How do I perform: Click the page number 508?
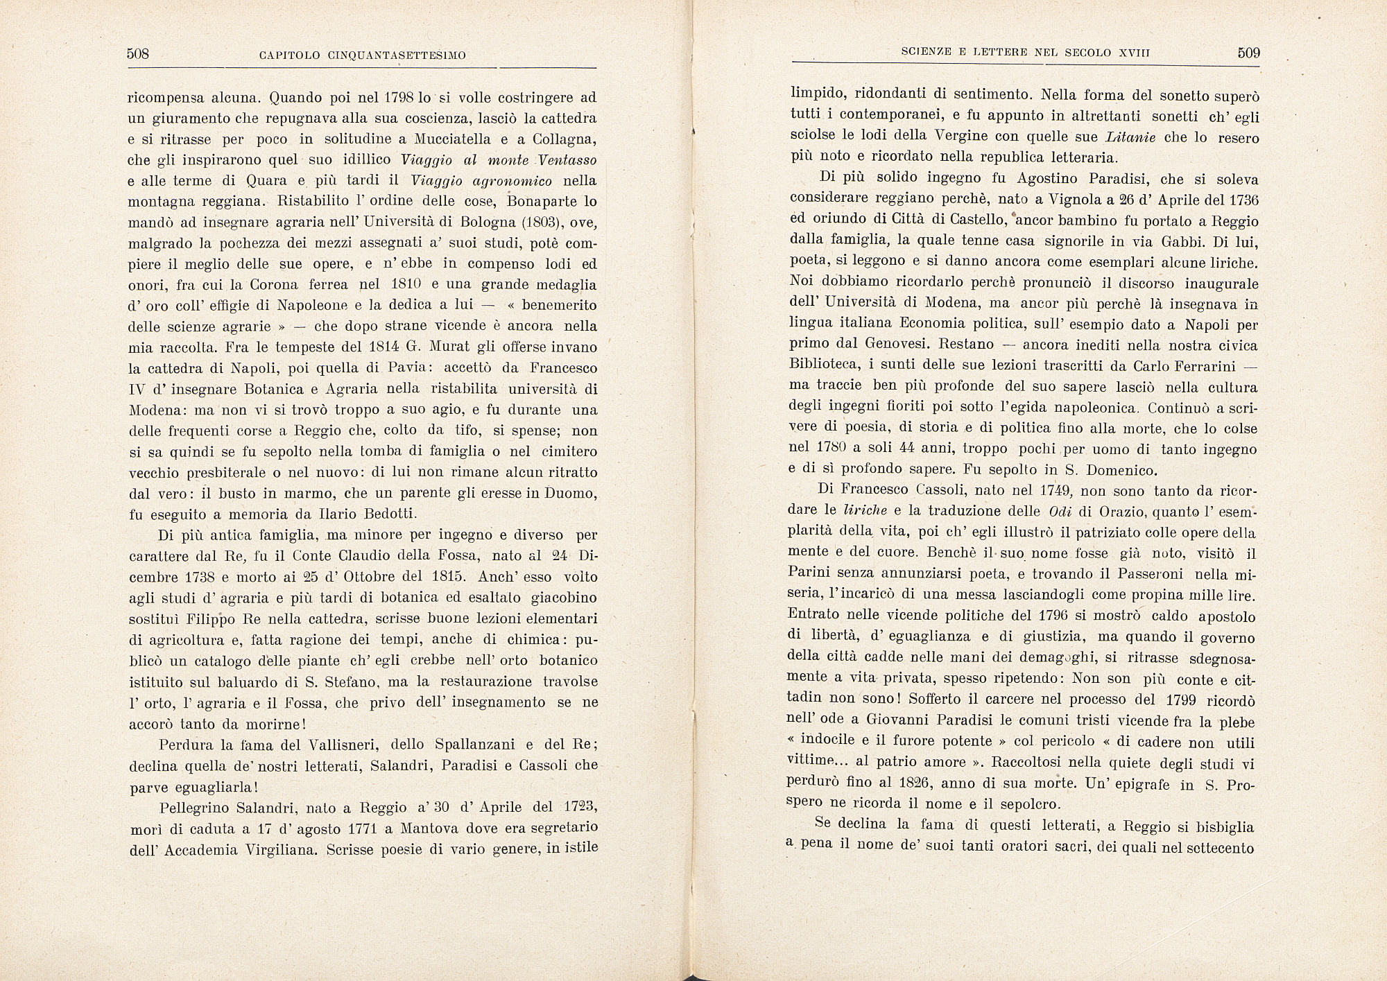pos(139,54)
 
